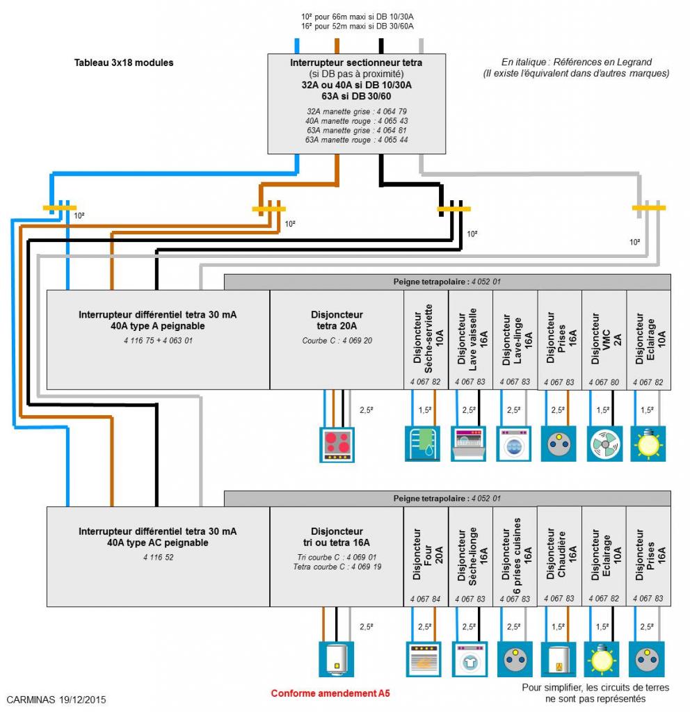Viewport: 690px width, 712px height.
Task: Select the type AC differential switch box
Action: [x=157, y=556]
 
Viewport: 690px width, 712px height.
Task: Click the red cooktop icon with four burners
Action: [x=337, y=444]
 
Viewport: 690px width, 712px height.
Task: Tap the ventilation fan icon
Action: [x=604, y=444]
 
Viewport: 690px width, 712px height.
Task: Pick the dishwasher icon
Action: [x=470, y=444]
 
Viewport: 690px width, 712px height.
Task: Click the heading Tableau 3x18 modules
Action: [x=124, y=63]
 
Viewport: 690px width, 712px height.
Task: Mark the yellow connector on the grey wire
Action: [x=648, y=207]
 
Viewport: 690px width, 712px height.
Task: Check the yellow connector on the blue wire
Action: [x=60, y=207]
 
